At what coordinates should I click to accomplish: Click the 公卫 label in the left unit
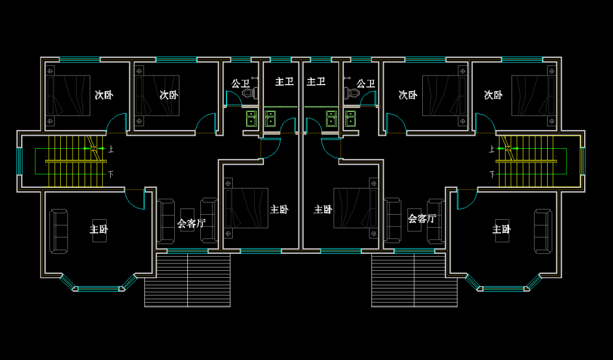(x=240, y=84)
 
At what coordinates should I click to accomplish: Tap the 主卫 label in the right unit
(x=316, y=82)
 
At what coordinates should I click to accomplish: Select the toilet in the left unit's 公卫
(x=248, y=92)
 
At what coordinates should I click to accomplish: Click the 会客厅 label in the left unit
(x=191, y=223)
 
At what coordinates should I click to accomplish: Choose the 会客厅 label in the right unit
(x=422, y=218)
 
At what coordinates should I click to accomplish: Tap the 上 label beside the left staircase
(x=111, y=149)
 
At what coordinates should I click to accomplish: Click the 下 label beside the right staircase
(x=492, y=174)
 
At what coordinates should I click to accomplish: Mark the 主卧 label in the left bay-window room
(x=98, y=229)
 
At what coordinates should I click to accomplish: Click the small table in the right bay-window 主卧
(x=502, y=231)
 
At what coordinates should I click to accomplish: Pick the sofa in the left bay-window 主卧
(x=58, y=231)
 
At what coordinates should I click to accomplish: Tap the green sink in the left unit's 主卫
(x=271, y=118)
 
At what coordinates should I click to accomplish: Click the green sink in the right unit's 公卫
(x=350, y=118)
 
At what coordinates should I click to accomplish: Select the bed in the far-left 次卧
(x=68, y=95)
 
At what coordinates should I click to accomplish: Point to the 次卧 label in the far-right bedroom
(x=493, y=95)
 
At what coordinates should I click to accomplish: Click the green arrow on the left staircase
(x=95, y=149)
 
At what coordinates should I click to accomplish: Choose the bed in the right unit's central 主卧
(x=355, y=208)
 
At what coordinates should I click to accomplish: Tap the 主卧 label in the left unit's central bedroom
(x=279, y=210)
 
